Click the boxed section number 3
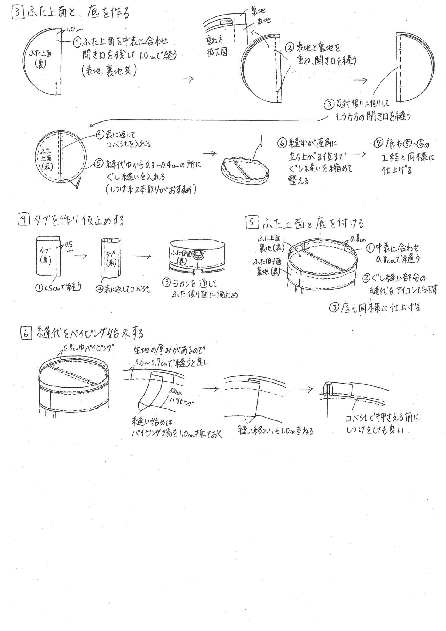point(18,13)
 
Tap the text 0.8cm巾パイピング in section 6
point(88,348)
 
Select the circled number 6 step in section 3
point(282,144)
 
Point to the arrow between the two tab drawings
point(80,256)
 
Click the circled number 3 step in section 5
point(334,307)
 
